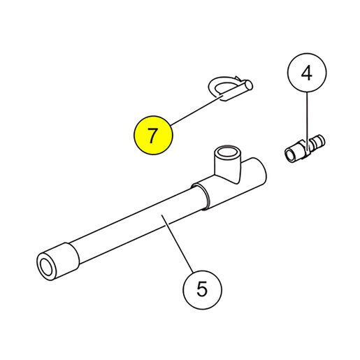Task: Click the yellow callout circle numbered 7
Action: click(x=153, y=135)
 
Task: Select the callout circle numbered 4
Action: click(x=307, y=73)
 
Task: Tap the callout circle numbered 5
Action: click(x=202, y=289)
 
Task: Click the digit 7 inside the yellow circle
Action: click(x=152, y=135)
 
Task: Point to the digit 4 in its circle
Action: click(x=306, y=73)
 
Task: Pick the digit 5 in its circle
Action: click(x=202, y=289)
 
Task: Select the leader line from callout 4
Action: click(x=307, y=120)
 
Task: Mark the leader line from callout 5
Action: click(x=178, y=243)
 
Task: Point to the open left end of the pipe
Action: click(x=46, y=267)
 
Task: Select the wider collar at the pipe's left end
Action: click(x=58, y=261)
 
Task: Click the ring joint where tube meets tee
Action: click(x=201, y=196)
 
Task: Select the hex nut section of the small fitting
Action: click(x=305, y=149)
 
